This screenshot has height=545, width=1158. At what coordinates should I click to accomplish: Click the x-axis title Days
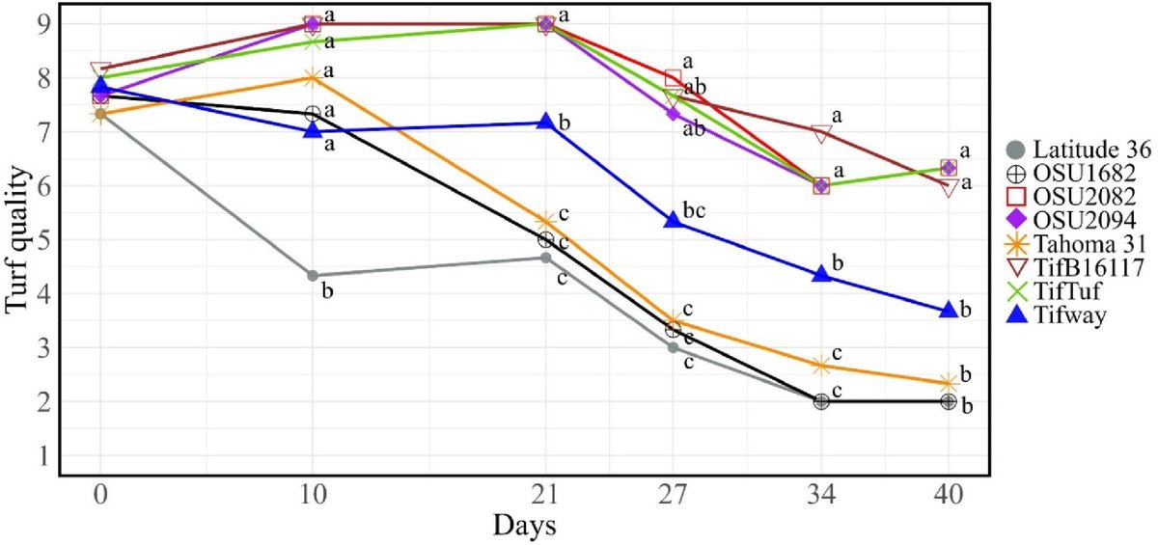coord(523,527)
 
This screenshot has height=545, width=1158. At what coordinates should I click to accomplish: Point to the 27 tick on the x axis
coord(673,497)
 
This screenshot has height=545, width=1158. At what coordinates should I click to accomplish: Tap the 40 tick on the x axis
coord(948,497)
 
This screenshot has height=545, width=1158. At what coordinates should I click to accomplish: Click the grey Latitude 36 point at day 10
coord(313,276)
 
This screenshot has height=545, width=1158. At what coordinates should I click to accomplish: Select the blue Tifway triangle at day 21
coord(546,122)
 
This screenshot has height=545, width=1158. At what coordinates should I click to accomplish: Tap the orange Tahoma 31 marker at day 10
coord(313,77)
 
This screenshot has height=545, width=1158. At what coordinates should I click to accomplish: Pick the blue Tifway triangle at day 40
coord(948,310)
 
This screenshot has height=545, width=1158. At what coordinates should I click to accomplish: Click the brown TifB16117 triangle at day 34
coord(821,133)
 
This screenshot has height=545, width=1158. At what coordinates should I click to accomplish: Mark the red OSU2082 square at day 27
coord(674,78)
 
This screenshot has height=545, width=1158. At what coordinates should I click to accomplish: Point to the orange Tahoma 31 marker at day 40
coord(948,383)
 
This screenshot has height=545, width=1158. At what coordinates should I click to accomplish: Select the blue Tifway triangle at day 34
coord(821,274)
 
